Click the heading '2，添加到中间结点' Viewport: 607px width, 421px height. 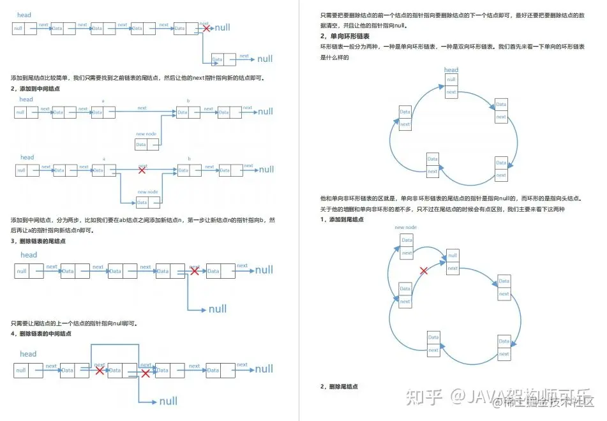pyautogui.click(x=36, y=88)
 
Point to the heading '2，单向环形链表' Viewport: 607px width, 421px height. pyautogui.click(x=345, y=36)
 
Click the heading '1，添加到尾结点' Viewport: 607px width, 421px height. pyautogui.click(x=342, y=219)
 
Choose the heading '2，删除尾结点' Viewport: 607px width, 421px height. pyautogui.click(x=339, y=387)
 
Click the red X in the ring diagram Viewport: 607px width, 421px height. pyautogui.click(x=423, y=271)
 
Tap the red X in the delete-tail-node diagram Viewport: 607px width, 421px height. pyautogui.click(x=195, y=271)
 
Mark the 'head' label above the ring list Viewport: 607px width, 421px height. pyautogui.click(x=451, y=70)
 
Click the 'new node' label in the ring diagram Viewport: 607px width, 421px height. pyautogui.click(x=405, y=228)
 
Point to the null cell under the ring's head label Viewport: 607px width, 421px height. pyautogui.click(x=452, y=80)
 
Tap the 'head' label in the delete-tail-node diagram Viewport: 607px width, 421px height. pyautogui.click(x=29, y=255)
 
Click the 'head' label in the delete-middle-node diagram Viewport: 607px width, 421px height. pyautogui.click(x=28, y=354)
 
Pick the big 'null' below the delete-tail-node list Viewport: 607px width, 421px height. pyautogui.click(x=217, y=309)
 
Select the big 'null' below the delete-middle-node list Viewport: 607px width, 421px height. pyautogui.click(x=168, y=401)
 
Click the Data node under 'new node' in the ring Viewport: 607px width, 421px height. pyautogui.click(x=407, y=240)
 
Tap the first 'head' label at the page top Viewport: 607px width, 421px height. pyautogui.click(x=24, y=15)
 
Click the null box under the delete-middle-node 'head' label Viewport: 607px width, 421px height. pyautogui.click(x=21, y=370)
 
